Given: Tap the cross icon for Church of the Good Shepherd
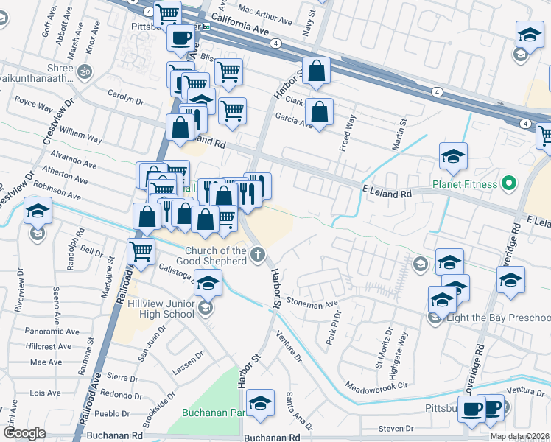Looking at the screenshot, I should click(x=256, y=256).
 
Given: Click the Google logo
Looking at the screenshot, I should click(x=24, y=433).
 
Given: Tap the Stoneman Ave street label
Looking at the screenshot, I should click(x=312, y=302).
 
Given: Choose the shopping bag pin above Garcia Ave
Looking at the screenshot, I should click(x=316, y=71).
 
